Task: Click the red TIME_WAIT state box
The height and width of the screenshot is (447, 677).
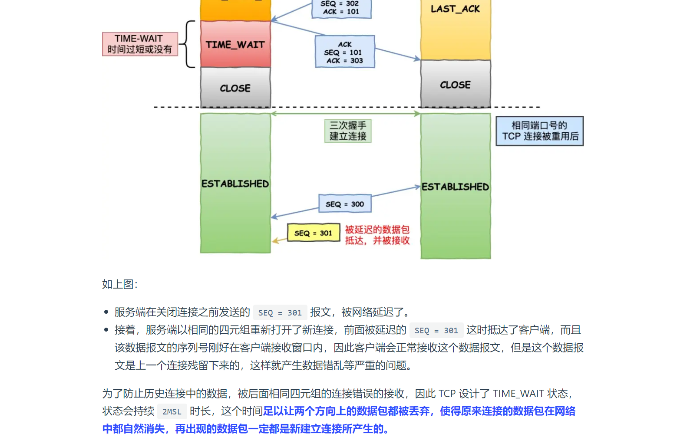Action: pyautogui.click(x=235, y=44)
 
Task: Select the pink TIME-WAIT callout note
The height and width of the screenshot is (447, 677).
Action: pyautogui.click(x=140, y=44)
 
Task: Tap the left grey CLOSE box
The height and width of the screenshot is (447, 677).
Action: pyautogui.click(x=235, y=88)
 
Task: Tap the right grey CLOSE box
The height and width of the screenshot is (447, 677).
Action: pyautogui.click(x=455, y=85)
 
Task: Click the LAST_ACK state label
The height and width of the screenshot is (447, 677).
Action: pyautogui.click(x=455, y=9)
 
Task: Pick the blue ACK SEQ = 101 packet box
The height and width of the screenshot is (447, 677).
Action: pyautogui.click(x=345, y=52)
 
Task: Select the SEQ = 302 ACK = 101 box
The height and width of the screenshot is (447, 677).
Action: pyautogui.click(x=341, y=8)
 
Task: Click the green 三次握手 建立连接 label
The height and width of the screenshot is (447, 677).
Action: pyautogui.click(x=348, y=131)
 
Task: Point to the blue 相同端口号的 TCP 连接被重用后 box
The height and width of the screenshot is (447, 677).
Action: pyautogui.click(x=540, y=131)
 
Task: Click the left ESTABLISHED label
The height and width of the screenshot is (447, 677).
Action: pyautogui.click(x=235, y=184)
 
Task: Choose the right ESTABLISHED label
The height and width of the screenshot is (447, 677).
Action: pyautogui.click(x=455, y=187)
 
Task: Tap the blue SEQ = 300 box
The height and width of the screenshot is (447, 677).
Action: pyautogui.click(x=345, y=204)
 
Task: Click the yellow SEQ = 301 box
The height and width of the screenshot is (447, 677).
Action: pyautogui.click(x=313, y=233)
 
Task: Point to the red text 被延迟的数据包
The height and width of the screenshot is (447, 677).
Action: pyautogui.click(x=377, y=230)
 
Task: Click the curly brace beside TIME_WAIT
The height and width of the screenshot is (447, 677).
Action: pyautogui.click(x=188, y=44)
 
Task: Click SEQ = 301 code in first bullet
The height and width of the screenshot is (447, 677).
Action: pyautogui.click(x=280, y=312)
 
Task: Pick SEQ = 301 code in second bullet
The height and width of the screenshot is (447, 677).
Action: pyautogui.click(x=436, y=331)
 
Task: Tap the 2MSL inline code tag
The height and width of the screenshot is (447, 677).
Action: pyautogui.click(x=172, y=411)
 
